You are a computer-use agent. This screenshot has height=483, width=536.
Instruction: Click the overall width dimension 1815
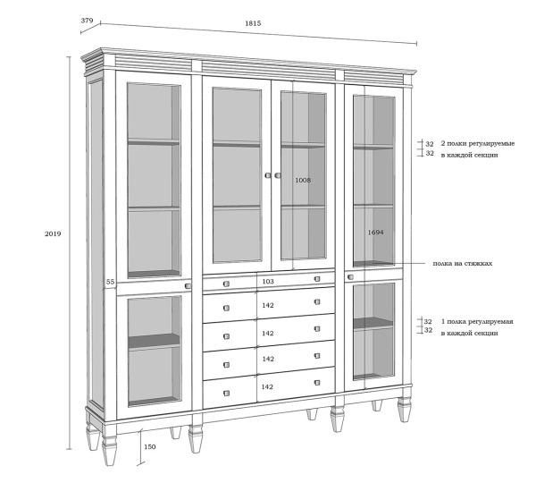click(x=253, y=23)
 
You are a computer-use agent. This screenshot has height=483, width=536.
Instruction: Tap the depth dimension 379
click(x=87, y=21)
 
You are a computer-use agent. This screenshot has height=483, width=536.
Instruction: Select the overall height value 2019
click(x=53, y=233)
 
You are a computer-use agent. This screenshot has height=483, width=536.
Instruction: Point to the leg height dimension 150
click(x=150, y=446)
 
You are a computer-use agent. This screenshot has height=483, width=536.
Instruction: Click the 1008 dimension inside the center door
click(x=303, y=180)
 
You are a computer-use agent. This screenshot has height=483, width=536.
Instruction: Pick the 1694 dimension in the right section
click(x=375, y=233)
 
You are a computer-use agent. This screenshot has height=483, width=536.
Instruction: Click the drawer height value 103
click(x=268, y=282)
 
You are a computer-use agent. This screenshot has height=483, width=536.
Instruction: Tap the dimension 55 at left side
click(x=110, y=282)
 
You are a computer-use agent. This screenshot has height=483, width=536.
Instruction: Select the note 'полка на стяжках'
click(x=463, y=264)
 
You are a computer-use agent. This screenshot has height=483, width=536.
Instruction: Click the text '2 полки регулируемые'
click(x=478, y=143)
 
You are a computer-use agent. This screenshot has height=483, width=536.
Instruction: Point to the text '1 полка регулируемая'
click(x=477, y=322)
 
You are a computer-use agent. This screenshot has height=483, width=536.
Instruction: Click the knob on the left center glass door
click(x=268, y=175)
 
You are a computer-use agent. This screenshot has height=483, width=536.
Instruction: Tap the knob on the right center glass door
click(x=278, y=175)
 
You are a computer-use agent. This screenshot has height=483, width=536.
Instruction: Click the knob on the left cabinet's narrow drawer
click(x=188, y=286)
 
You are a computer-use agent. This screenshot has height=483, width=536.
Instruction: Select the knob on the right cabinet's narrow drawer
click(x=350, y=277)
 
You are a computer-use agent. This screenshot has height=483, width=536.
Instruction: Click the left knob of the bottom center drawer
click(x=226, y=394)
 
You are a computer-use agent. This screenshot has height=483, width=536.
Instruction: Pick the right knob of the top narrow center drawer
click(x=317, y=279)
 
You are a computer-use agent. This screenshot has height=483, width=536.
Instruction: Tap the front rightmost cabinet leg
click(x=405, y=409)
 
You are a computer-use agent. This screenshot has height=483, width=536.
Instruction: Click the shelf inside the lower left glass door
click(x=155, y=342)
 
